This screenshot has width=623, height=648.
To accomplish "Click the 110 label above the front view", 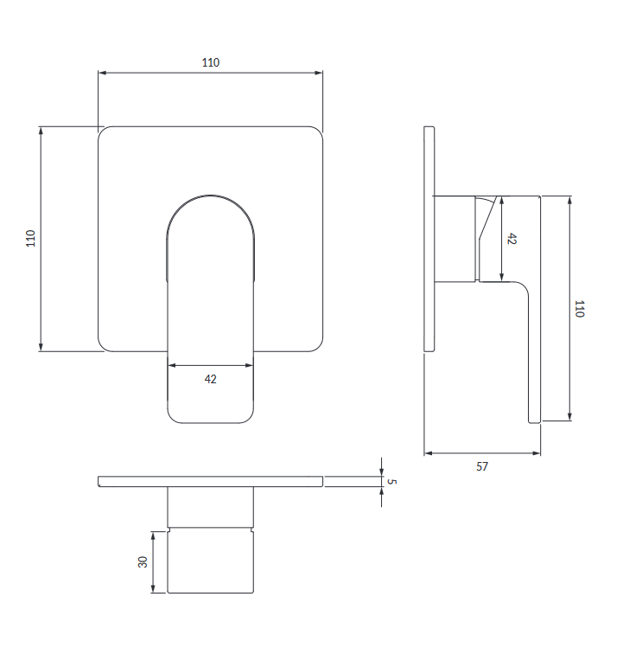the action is pos(211,62).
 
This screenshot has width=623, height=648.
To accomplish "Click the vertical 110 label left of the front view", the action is pos(30,239).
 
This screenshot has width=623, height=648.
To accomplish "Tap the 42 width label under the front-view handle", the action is pos(211,379).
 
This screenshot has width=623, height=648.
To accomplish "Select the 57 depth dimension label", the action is pos(482,466).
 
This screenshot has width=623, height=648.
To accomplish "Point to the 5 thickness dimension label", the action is pos(391,481).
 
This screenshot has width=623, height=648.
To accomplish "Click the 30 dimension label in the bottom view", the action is pos(143,562).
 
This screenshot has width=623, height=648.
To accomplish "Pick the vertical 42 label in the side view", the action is pos(512,239).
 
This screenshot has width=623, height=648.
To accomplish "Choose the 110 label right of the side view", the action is pos(580,309).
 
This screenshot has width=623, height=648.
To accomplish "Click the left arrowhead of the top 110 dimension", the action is pos(102,73).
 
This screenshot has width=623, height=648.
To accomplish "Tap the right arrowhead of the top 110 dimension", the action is pos(318,73).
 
